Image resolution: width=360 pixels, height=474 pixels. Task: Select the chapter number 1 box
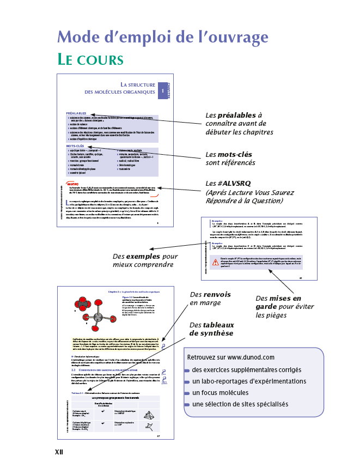(x=162, y=90)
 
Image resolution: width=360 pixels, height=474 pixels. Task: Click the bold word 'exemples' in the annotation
(x=142, y=256)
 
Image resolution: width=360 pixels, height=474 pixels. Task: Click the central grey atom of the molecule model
(x=97, y=317)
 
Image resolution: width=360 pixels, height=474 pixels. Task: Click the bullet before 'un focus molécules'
(x=187, y=393)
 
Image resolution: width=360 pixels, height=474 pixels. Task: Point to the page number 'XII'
(x=59, y=452)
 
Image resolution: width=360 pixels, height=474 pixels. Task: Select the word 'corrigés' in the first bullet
(x=294, y=370)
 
